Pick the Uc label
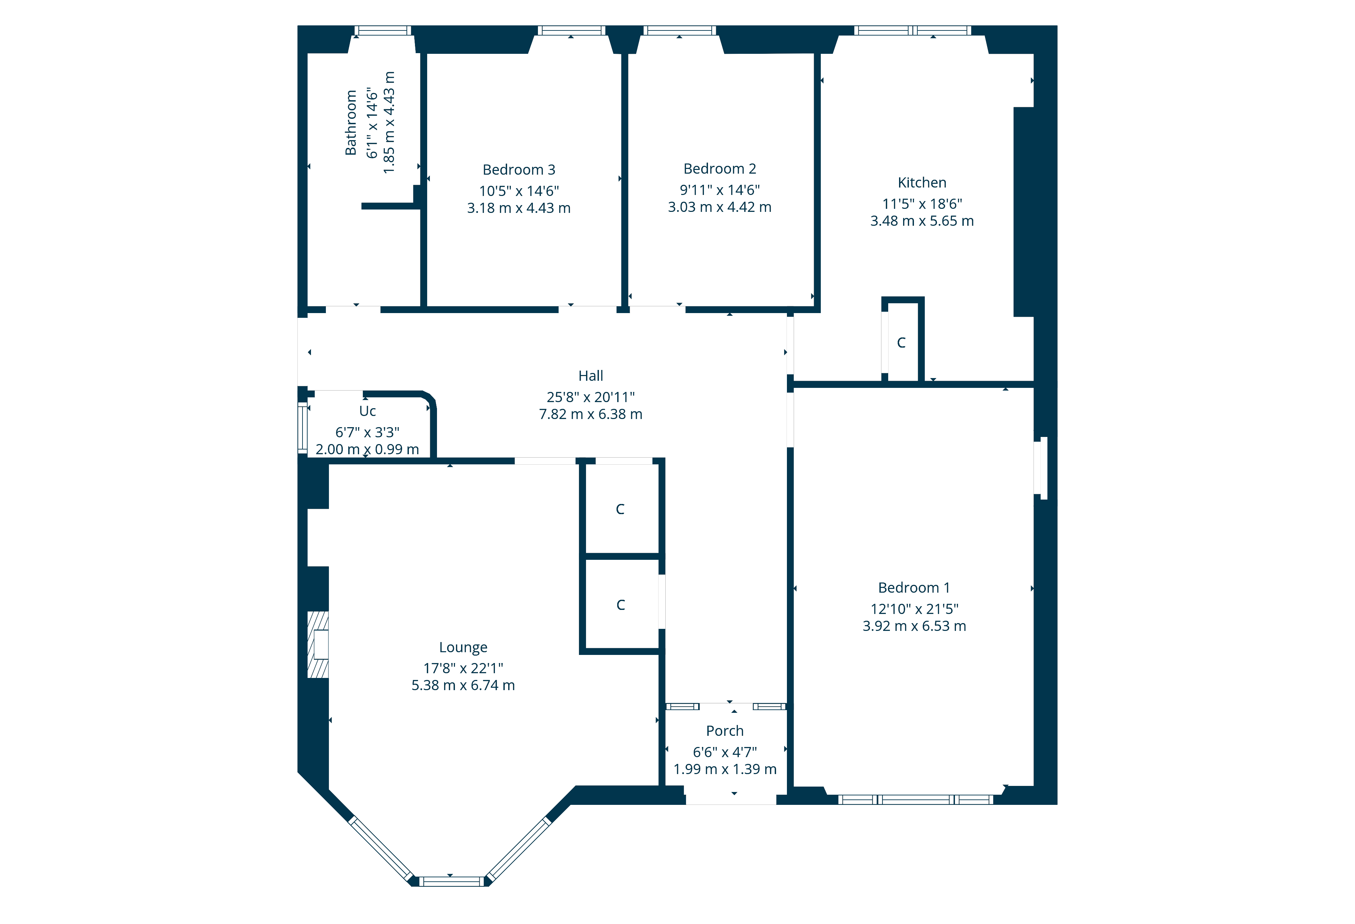click(367, 411)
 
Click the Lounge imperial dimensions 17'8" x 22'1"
click(463, 668)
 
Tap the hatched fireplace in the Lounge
click(318, 644)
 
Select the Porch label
click(724, 731)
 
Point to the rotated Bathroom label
click(350, 123)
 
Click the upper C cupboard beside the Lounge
click(620, 509)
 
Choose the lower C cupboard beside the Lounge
click(620, 605)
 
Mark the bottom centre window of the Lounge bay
click(451, 881)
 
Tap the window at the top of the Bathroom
click(382, 30)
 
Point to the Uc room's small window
click(302, 427)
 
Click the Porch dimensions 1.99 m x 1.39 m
click(724, 769)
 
